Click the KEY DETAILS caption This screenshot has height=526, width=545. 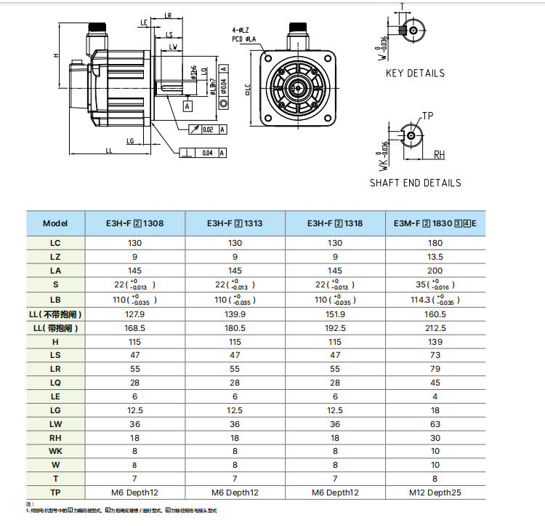pos(415,73)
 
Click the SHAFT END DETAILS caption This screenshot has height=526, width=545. pos(415,183)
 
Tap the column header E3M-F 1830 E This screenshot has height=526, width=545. pos(435,224)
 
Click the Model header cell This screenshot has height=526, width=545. pos(55,224)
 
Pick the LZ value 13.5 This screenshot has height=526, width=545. pos(435,257)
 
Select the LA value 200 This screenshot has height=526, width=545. pos(435,271)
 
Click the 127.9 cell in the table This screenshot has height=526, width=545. pos(134,314)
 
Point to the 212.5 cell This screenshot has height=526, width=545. pos(435,328)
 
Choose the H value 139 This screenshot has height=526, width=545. pos(435,341)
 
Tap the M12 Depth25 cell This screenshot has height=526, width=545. pos(435,493)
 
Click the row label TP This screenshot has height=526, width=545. pos(55,493)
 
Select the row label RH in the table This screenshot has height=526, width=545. pos(55,438)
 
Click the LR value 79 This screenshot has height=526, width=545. pos(435,369)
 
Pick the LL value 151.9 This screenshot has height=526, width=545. pos(335,314)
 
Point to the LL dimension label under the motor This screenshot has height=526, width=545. pos(108,151)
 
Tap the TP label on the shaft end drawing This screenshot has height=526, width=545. pos(427,116)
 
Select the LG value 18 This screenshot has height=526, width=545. pos(435,410)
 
